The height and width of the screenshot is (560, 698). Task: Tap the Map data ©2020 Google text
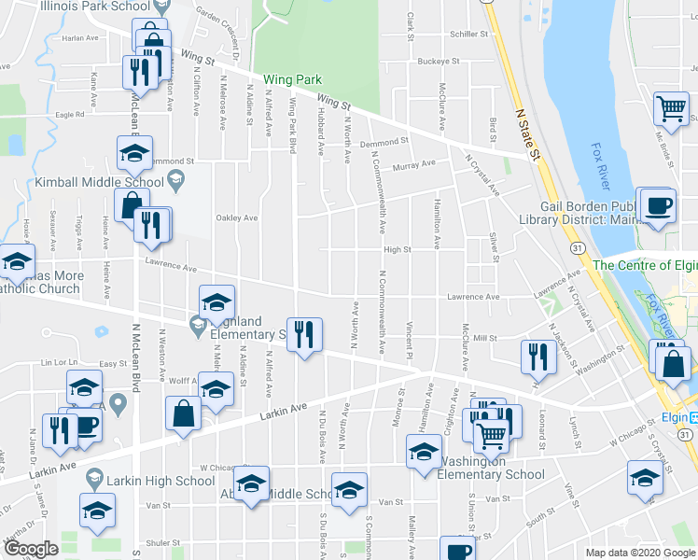(639, 553)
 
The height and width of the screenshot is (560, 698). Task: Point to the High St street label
(397, 249)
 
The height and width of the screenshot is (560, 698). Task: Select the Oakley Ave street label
(237, 218)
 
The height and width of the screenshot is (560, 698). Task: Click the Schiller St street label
(468, 34)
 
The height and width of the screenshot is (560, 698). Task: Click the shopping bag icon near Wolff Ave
(184, 413)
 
